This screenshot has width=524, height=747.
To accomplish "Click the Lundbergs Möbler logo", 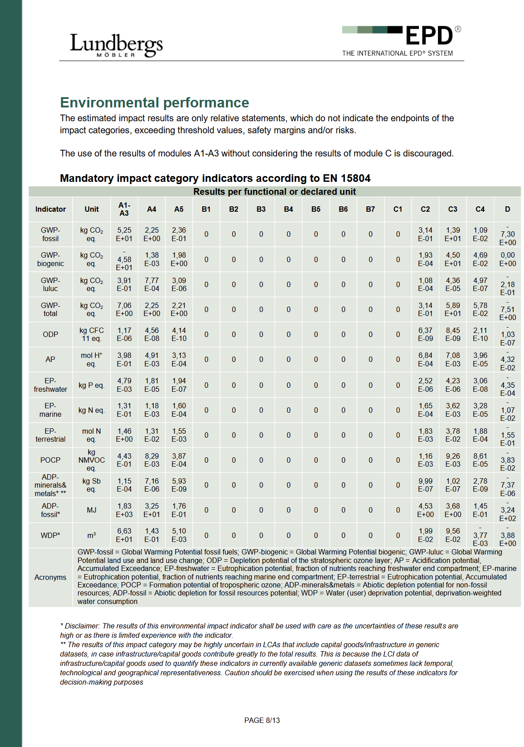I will pyautogui.click(x=116, y=45).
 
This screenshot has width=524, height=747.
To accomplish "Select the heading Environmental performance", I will pyautogui.click(x=154, y=103).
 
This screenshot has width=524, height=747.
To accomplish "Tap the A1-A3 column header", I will pyautogui.click(x=124, y=209).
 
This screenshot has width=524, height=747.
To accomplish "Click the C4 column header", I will pyautogui.click(x=480, y=209).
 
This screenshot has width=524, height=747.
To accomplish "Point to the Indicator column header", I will pyautogui.click(x=50, y=209).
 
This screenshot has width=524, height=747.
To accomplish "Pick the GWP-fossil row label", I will pyautogui.click(x=50, y=234).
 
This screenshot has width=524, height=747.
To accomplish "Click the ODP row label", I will pyautogui.click(x=50, y=334).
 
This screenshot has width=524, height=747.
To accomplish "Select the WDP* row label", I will pyautogui.click(x=50, y=535).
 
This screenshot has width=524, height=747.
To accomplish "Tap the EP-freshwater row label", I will pyautogui.click(x=50, y=385).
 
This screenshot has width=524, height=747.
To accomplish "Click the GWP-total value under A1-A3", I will pyautogui.click(x=124, y=309).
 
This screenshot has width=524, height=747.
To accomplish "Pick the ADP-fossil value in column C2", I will pyautogui.click(x=426, y=510).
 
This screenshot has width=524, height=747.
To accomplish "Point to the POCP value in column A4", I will pyautogui.click(x=151, y=460).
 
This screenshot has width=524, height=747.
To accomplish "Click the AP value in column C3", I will pyautogui.click(x=453, y=359).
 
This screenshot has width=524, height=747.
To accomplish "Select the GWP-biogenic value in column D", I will pyautogui.click(x=508, y=259).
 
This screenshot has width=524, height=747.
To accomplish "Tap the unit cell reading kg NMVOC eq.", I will pyautogui.click(x=91, y=460).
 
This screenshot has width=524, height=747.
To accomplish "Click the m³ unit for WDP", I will pyautogui.click(x=91, y=535).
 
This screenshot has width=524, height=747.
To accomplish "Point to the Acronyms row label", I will pyautogui.click(x=50, y=577).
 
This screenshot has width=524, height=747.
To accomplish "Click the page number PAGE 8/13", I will pyautogui.click(x=262, y=720).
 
